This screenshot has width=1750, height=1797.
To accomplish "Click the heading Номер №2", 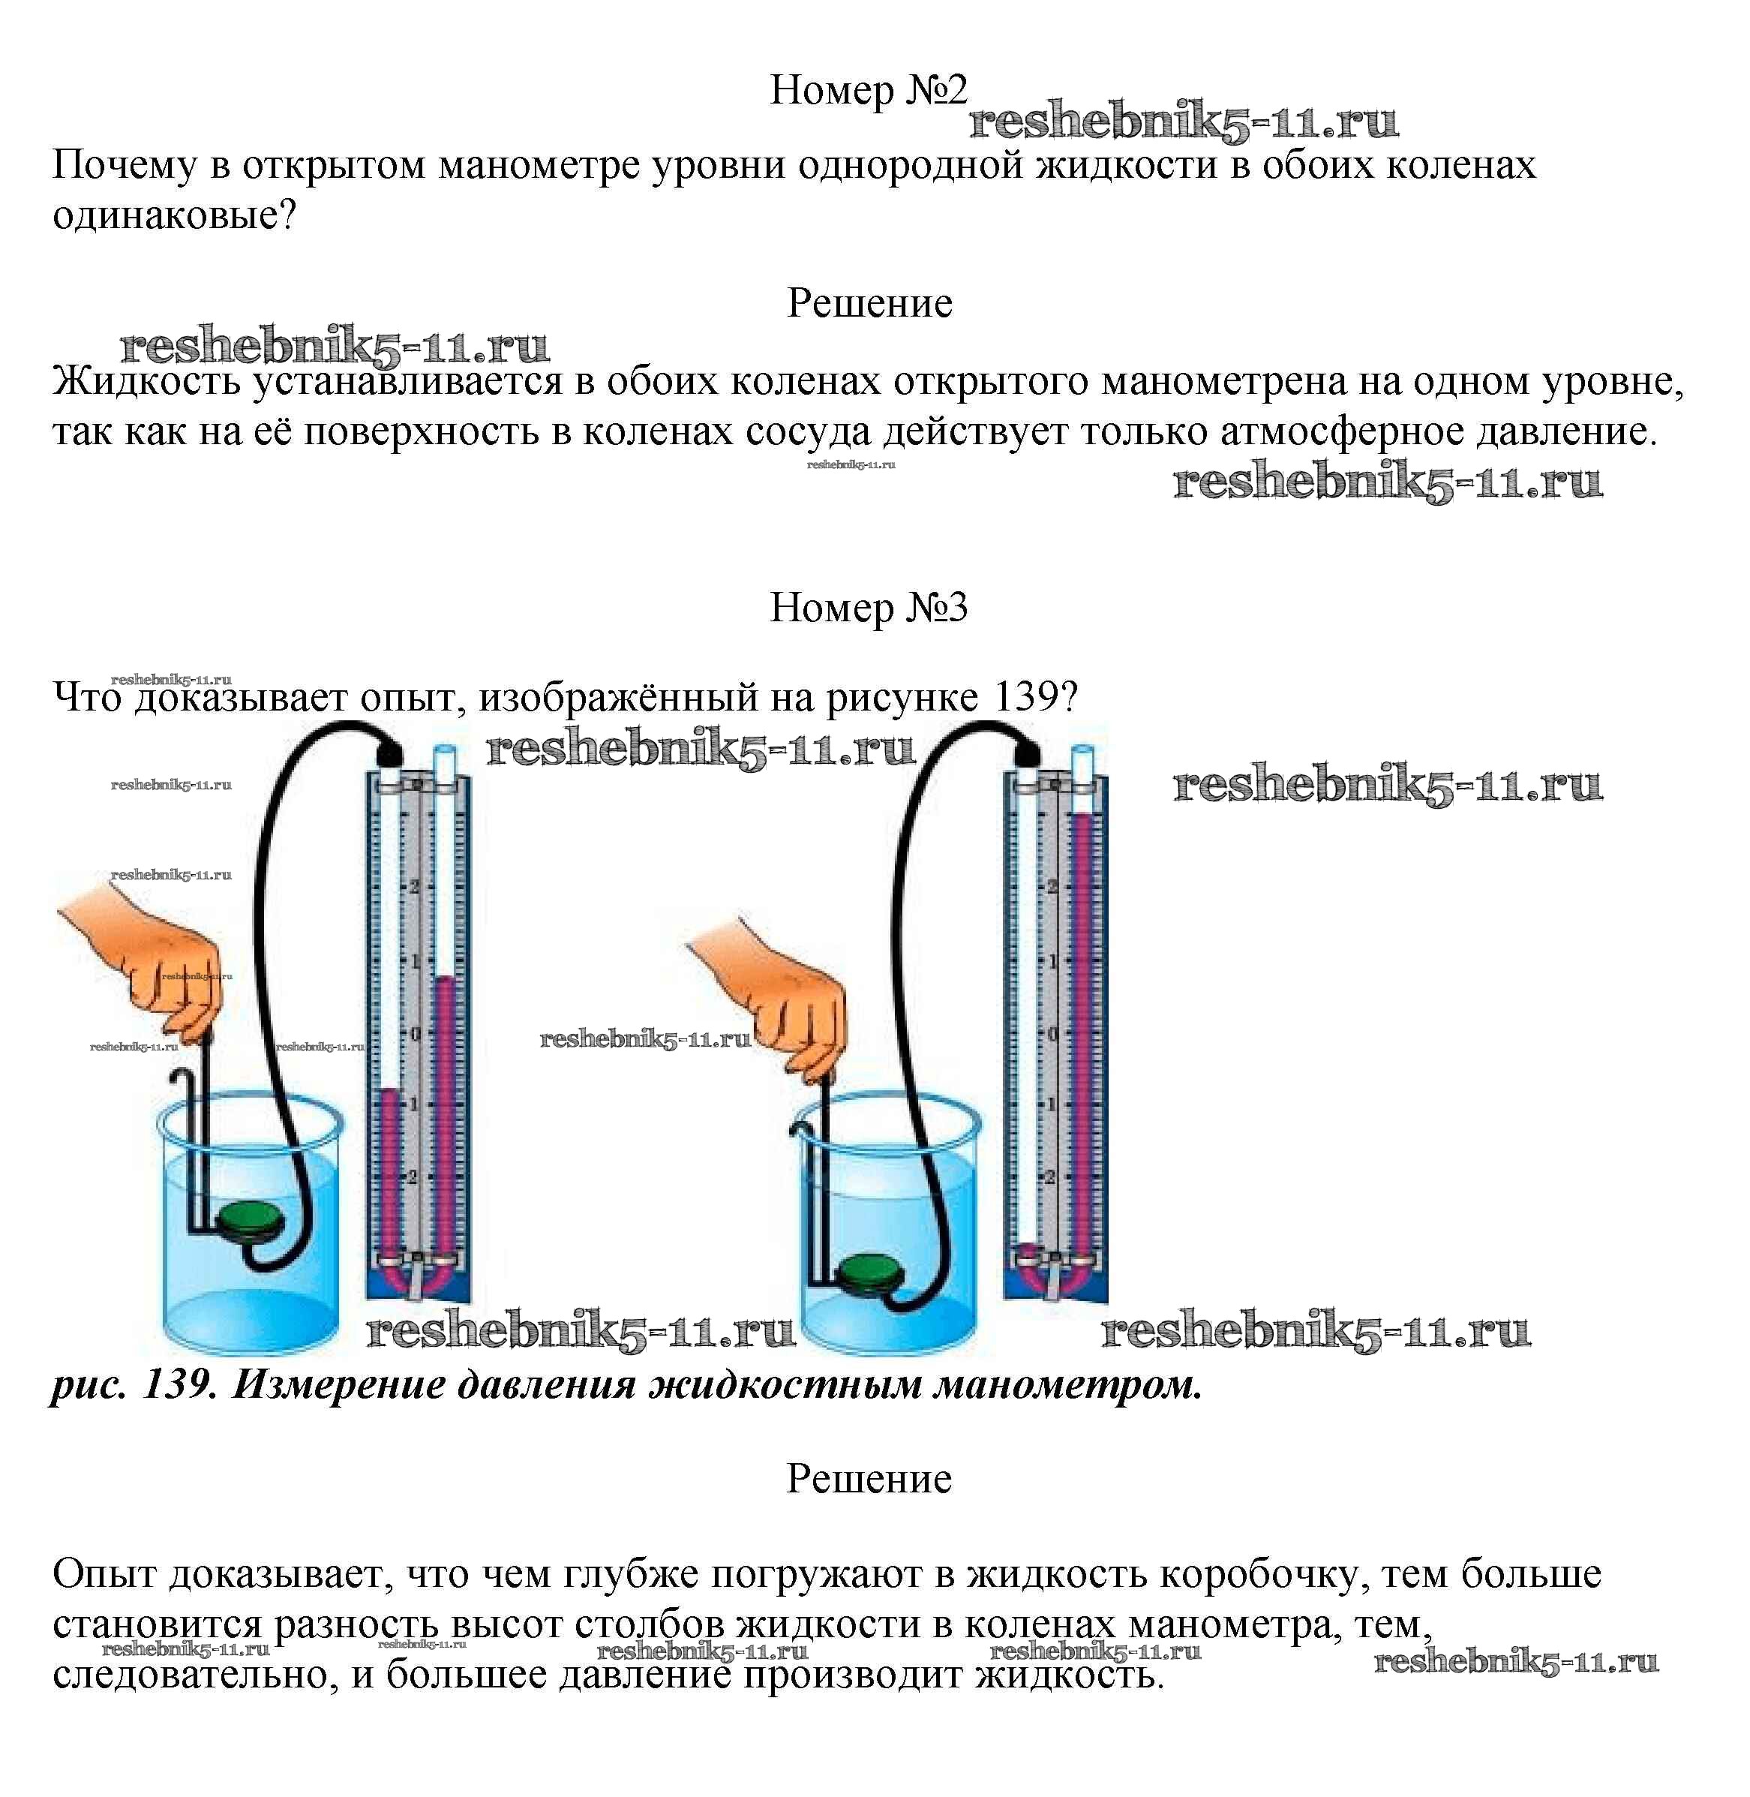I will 868,90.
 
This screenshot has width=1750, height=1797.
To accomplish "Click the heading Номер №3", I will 868,608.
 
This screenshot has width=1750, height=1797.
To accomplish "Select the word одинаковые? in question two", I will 175,216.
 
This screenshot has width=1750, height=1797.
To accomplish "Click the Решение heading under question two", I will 869,303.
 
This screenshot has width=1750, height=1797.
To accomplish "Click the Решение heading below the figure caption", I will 869,1479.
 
